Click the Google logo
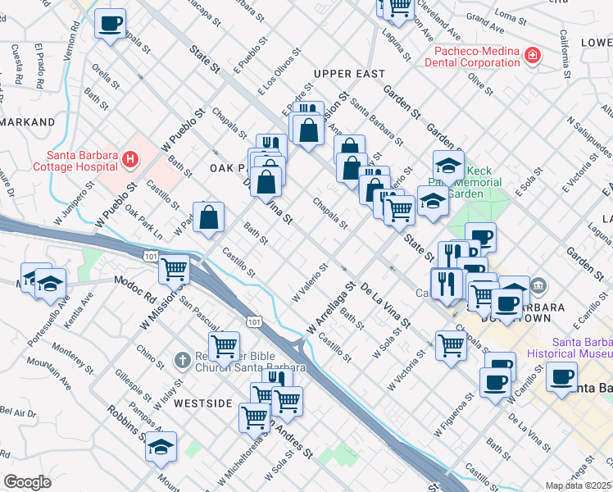[x=27, y=482]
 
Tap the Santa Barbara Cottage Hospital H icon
[x=129, y=157]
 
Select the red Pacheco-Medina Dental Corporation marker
[x=533, y=56]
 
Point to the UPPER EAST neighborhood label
[x=348, y=74]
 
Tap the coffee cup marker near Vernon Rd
[x=111, y=24]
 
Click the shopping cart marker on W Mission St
[x=174, y=268]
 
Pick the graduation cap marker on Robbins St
[x=161, y=448]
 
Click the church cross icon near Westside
[x=182, y=360]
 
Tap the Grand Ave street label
[x=484, y=16]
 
